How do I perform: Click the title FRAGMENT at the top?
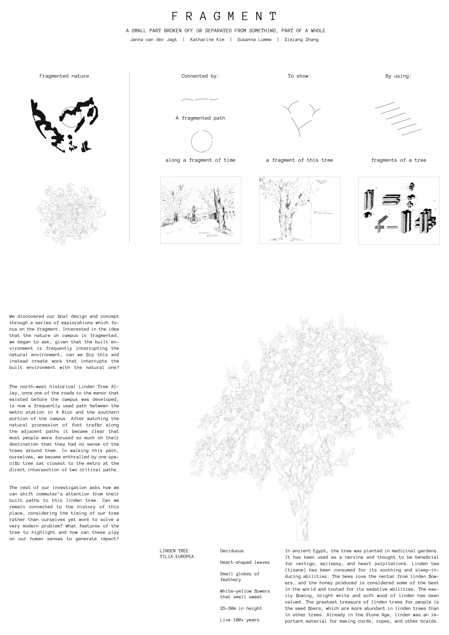224,16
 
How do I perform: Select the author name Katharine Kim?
207,39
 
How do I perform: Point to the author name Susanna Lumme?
254,39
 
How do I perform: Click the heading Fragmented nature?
64,76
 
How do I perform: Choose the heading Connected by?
200,76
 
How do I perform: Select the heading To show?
299,76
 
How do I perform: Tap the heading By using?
398,76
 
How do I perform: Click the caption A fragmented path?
200,118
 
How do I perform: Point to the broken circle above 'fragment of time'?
202,141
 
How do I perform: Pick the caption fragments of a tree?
398,160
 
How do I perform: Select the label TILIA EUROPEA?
177,556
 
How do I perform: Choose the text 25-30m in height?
241,608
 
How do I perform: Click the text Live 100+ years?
240,620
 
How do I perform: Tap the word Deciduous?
231,551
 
